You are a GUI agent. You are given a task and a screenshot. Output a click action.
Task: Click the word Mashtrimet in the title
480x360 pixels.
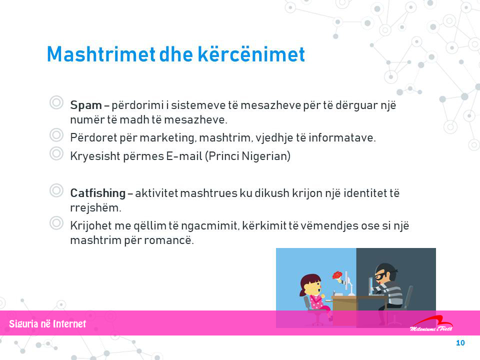pos(101,54)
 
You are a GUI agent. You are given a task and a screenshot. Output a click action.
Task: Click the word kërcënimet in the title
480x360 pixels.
pos(251,54)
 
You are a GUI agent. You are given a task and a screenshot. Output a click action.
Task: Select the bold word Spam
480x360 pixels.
pos(86,105)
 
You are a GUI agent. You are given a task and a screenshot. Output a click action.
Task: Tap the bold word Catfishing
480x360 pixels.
pos(98,193)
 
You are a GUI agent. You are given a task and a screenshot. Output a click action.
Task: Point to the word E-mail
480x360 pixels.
pos(184,156)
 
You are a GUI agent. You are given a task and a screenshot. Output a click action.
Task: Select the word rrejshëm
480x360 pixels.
pos(96,208)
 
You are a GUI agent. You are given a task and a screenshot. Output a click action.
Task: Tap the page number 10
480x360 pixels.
pos(460,343)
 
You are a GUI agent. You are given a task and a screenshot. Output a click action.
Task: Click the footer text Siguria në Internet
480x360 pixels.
pos(47,324)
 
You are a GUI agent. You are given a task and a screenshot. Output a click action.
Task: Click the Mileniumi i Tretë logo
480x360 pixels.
pos(431,323)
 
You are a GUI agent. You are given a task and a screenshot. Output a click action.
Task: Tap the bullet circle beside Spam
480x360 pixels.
pos(56,102)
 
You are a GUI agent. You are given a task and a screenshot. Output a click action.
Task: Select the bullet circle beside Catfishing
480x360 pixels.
pos(56,190)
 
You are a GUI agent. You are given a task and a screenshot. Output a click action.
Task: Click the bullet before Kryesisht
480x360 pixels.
pos(56,153)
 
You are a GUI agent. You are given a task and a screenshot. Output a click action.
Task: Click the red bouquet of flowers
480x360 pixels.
pos(337,275)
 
